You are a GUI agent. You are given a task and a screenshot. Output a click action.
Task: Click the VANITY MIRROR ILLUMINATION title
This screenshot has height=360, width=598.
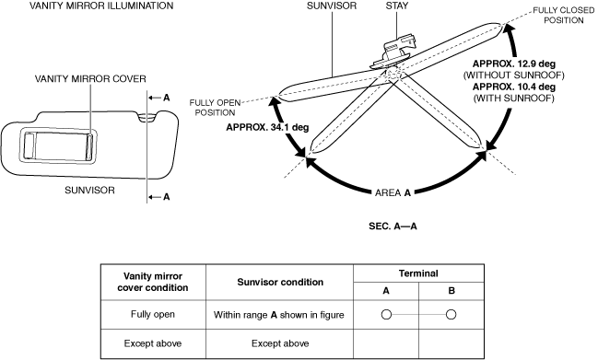(101, 6)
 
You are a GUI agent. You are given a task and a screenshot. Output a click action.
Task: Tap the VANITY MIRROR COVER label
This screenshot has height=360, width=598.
(90, 79)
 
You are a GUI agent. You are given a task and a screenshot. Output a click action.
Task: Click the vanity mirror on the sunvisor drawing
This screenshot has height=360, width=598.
(58, 146)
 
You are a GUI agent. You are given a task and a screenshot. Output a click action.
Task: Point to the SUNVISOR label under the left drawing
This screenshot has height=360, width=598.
(89, 190)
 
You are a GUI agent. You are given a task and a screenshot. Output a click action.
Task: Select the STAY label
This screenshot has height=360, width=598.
(396, 6)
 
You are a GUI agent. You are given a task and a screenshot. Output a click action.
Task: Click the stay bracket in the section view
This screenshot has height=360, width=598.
(393, 52)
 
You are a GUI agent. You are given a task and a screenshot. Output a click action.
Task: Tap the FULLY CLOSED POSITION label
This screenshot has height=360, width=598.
(564, 16)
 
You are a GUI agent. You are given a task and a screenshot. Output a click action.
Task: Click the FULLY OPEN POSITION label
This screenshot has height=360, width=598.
(215, 108)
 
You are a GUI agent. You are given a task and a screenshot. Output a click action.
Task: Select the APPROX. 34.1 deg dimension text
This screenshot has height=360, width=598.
(267, 127)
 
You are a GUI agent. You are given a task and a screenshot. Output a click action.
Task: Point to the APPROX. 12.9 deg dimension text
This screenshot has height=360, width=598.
(514, 64)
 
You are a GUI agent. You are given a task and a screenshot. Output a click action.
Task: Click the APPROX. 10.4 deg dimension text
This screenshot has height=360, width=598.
(514, 87)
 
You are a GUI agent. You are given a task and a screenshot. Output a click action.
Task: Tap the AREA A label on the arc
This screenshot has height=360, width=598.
(393, 193)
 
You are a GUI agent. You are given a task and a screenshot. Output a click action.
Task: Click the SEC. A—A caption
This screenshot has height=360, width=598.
(393, 226)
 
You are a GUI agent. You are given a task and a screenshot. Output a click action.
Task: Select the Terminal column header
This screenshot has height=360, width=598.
(418, 273)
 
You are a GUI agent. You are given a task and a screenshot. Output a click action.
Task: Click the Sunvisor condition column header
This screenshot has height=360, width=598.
(280, 283)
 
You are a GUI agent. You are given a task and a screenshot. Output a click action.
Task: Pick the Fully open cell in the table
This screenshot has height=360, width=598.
(153, 315)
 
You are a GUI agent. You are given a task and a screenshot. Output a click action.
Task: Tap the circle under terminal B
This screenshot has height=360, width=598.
(451, 315)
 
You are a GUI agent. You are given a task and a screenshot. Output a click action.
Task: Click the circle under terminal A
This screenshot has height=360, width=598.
(386, 315)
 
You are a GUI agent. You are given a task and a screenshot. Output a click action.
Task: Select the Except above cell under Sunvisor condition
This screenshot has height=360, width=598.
(280, 343)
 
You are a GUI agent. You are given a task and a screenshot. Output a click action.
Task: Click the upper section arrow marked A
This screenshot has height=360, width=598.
(159, 98)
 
